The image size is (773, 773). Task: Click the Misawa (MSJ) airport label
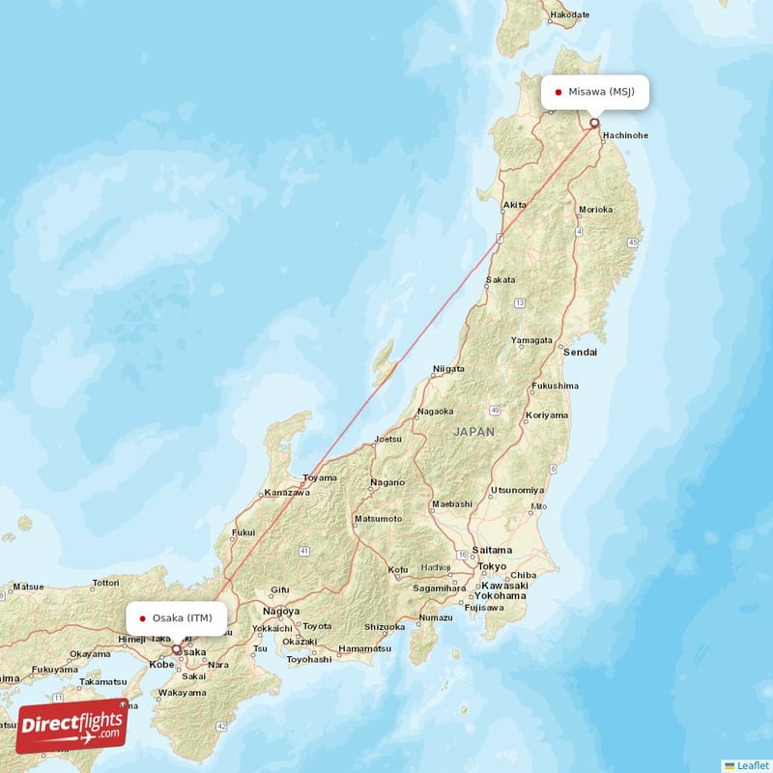coord(595,93)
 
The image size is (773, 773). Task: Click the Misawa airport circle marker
coord(594,123)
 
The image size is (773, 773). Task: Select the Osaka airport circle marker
coord(176,650)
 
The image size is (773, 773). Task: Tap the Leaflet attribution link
coord(746,764)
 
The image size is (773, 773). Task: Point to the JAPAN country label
coord(474,432)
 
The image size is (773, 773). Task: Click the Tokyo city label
coord(492,566)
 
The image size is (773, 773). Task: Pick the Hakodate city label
coord(569,15)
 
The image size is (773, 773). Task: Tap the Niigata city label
coord(448,369)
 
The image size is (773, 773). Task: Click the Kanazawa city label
coord(287,493)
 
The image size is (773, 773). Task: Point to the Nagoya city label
coord(281,612)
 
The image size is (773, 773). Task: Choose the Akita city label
coord(515,205)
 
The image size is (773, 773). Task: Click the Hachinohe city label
coord(624,135)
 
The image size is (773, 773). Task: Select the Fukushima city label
coord(556,386)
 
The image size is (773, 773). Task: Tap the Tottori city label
coord(105,584)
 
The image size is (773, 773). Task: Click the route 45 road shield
coord(633,241)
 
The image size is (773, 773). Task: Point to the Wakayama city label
coord(182,693)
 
